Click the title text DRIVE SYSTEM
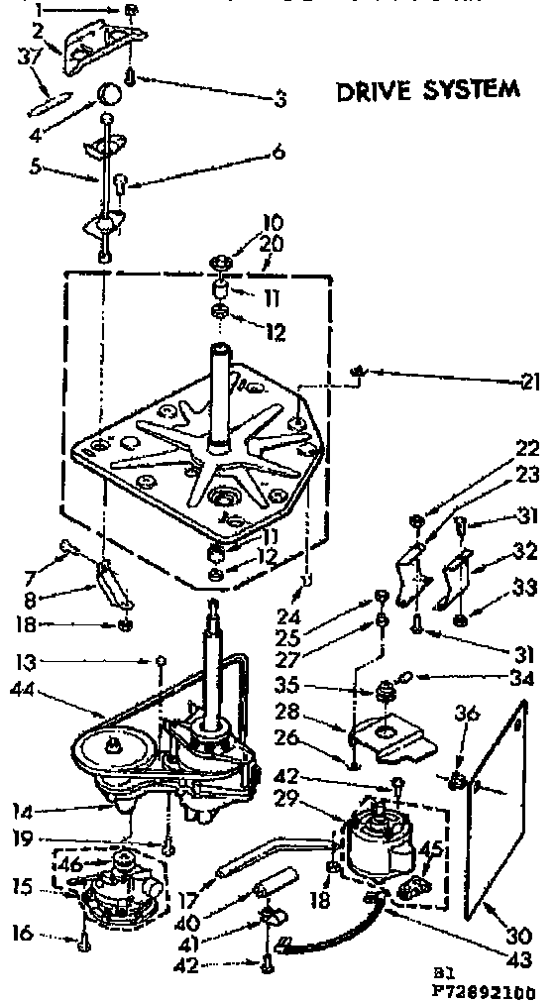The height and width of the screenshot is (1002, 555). coord(427,90)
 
